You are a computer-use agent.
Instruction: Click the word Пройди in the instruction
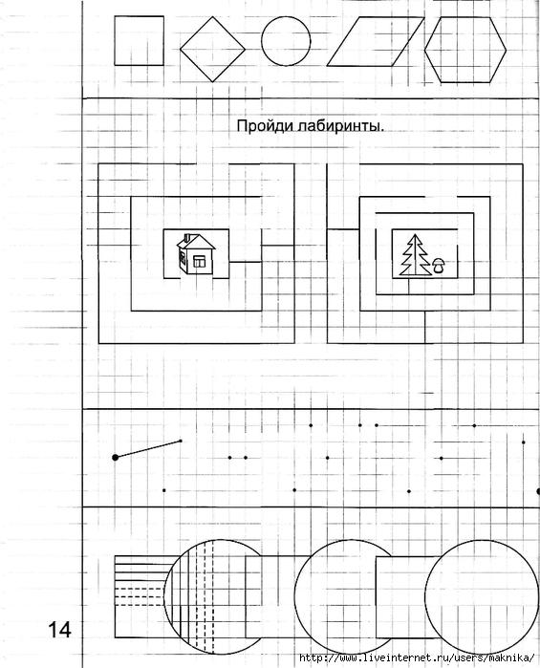pyautogui.click(x=260, y=126)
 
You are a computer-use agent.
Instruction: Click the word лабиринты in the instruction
pyautogui.click(x=335, y=126)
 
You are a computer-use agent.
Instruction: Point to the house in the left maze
pyautogui.click(x=196, y=253)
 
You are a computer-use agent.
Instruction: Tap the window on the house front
pyautogui.click(x=199, y=262)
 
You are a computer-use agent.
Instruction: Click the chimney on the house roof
pyautogui.click(x=186, y=237)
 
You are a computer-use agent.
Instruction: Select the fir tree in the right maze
pyautogui.click(x=415, y=255)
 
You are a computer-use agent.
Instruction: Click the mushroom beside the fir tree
pyautogui.click(x=438, y=267)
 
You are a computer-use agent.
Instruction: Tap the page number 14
pyautogui.click(x=60, y=630)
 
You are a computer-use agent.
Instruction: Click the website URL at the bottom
pyautogui.click(x=417, y=657)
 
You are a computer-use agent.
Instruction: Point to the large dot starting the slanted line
pyautogui.click(x=115, y=458)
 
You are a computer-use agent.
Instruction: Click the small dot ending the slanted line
pyautogui.click(x=181, y=441)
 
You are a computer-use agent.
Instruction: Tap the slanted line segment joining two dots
pyautogui.click(x=148, y=449)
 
